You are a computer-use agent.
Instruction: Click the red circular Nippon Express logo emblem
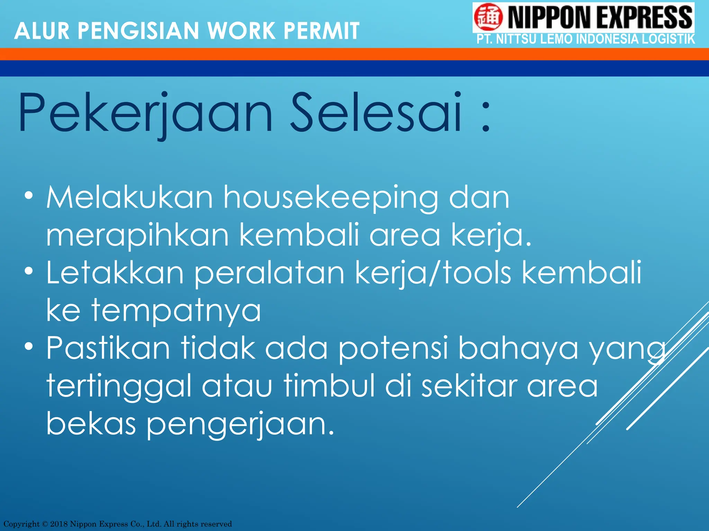(x=488, y=17)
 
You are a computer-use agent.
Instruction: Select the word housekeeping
(x=331, y=198)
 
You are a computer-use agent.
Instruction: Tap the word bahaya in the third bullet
(x=518, y=348)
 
